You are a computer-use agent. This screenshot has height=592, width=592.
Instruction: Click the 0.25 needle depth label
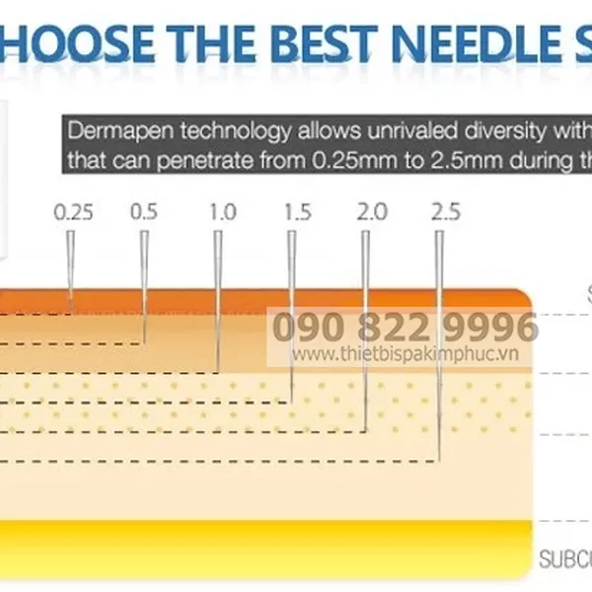tap(73, 211)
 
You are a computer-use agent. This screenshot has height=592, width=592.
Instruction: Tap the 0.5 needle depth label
tap(144, 211)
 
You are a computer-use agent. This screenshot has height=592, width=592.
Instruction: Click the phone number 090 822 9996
tap(405, 327)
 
